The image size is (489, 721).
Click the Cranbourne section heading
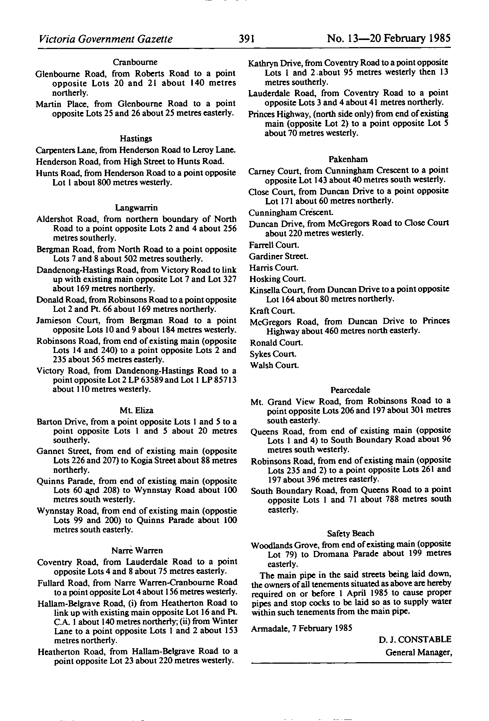pyautogui.click(x=135, y=62)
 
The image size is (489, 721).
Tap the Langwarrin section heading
pyautogui.click(x=136, y=208)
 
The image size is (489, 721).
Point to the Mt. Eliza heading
pyautogui.click(x=136, y=410)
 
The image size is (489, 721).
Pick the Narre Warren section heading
pyautogui.click(x=137, y=550)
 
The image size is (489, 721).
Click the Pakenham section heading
pyautogui.click(x=348, y=159)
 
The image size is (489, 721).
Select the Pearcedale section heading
pyautogui.click(x=350, y=390)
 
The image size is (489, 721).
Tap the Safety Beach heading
pyautogui.click(x=351, y=533)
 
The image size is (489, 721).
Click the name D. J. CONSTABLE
pyautogui.click(x=415, y=640)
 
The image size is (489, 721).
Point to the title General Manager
pyautogui.click(x=418, y=652)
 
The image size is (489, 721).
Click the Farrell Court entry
pyautogui.click(x=274, y=245)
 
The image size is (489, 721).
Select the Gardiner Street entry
pyautogui.click(x=278, y=256)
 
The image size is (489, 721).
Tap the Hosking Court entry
pyautogui.click(x=277, y=279)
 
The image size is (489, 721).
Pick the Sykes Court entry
pyautogui.click(x=273, y=354)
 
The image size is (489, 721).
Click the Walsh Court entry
pyautogui.click(x=274, y=365)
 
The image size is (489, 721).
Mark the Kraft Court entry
pyautogui.click(x=272, y=311)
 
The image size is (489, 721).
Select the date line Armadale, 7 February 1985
pyautogui.click(x=301, y=628)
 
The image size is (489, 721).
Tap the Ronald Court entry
pyautogui.click(x=276, y=343)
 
